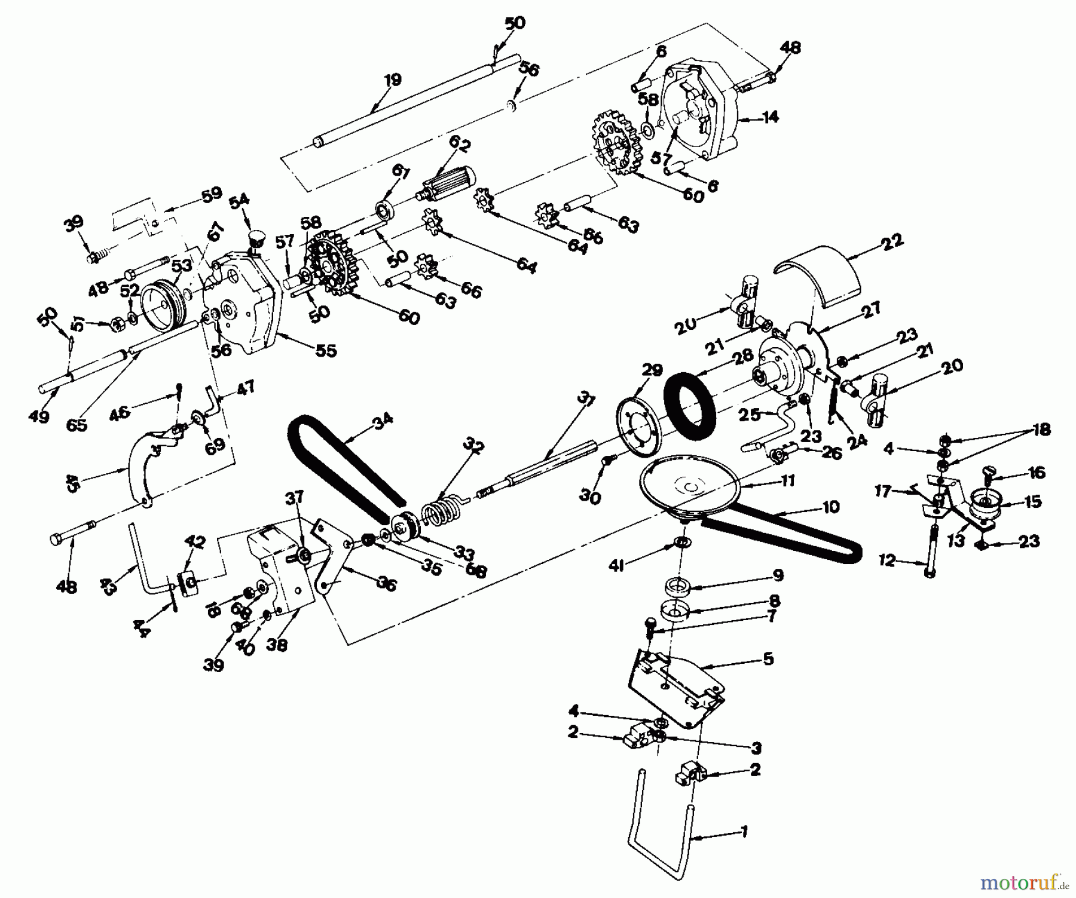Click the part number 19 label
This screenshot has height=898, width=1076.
point(393,79)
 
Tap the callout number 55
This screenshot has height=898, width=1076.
point(327,351)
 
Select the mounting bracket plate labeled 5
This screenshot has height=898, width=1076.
point(675,687)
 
